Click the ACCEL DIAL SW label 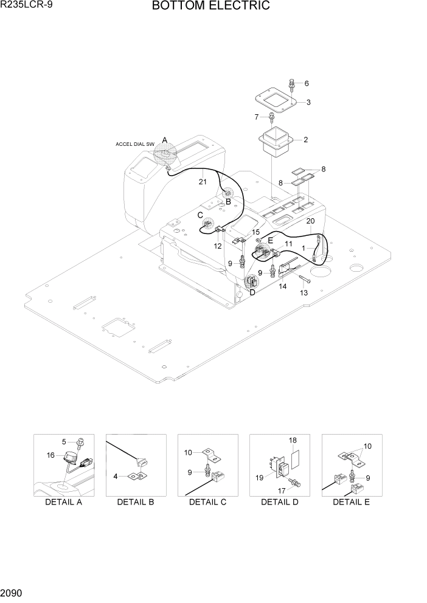pyautogui.click(x=134, y=144)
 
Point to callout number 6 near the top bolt pyautogui.click(x=306, y=83)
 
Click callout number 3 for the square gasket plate pyautogui.click(x=308, y=102)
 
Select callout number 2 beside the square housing pyautogui.click(x=305, y=140)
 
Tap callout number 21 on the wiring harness pyautogui.click(x=203, y=181)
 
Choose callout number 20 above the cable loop pyautogui.click(x=310, y=221)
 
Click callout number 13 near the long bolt pyautogui.click(x=304, y=292)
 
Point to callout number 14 pyautogui.click(x=282, y=286)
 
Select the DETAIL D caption pyautogui.click(x=279, y=501)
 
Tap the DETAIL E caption pyautogui.click(x=351, y=501)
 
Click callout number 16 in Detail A pyautogui.click(x=50, y=454)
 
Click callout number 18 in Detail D pyautogui.click(x=293, y=439)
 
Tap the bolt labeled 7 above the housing pyautogui.click(x=273, y=116)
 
